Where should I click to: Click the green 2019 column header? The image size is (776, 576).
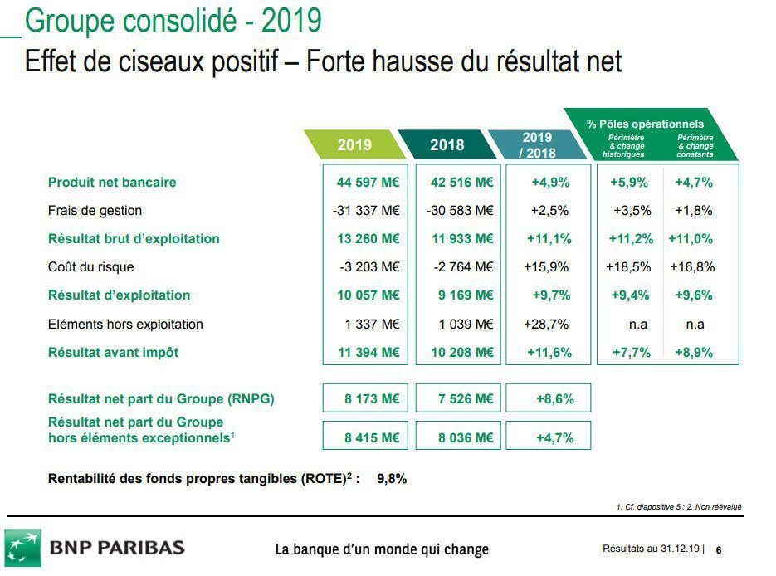[355, 144]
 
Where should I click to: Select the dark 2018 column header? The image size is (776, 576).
[447, 144]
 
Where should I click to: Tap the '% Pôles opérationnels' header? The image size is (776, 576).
[645, 124]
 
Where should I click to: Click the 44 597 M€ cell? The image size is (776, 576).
[368, 183]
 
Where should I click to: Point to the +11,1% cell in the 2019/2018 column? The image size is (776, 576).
[549, 239]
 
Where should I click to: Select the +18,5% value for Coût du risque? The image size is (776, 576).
[628, 267]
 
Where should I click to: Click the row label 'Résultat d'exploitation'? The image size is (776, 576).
[119, 295]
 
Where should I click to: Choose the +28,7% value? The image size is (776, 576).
[549, 324]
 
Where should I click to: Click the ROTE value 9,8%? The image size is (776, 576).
[392, 479]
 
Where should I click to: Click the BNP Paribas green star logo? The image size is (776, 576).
[23, 548]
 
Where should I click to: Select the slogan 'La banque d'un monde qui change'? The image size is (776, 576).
[382, 549]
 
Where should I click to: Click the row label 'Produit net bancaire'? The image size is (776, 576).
[112, 183]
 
